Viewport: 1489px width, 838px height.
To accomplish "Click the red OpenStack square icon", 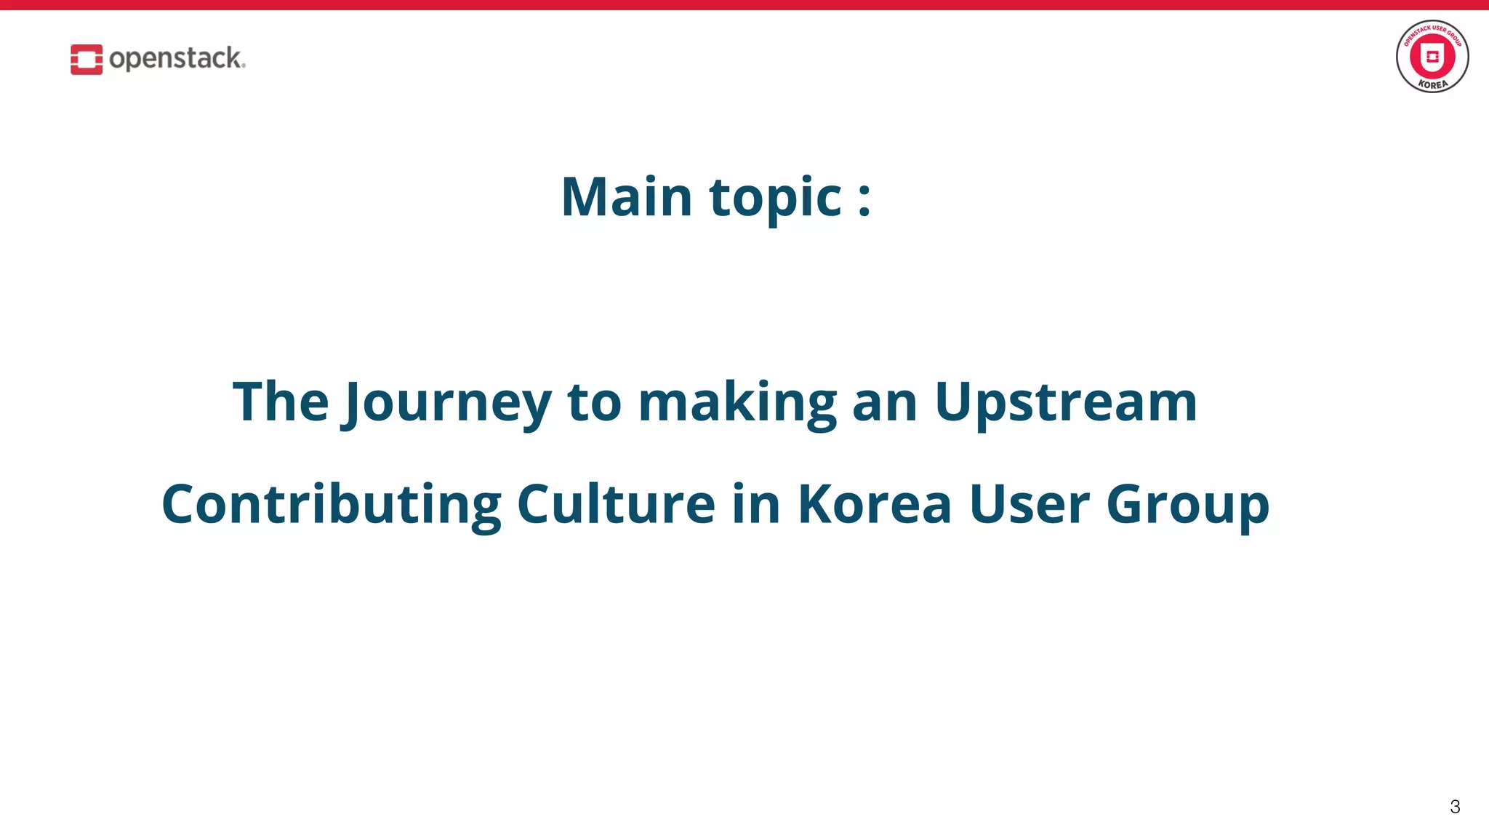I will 86,59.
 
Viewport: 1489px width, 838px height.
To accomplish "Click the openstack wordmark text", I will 177,58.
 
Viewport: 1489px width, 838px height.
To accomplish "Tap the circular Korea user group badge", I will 1432,57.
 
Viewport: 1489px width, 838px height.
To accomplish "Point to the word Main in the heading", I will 626,196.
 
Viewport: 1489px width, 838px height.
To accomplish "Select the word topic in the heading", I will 775,198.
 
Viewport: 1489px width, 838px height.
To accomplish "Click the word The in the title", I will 281,402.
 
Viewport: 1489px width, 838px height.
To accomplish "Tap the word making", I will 737,403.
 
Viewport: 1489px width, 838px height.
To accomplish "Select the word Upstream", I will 1066,403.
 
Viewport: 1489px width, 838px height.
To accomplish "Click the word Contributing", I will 332,505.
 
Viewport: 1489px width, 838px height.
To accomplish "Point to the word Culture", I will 616,504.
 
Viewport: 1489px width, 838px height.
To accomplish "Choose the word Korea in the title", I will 875,504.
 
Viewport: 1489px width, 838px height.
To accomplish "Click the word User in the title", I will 1029,504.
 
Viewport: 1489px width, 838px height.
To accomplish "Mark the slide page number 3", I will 1454,807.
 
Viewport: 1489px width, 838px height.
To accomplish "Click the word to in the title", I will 594,403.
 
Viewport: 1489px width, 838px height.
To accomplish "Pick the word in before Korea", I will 756,503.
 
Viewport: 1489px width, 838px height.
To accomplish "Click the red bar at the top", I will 744,5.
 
